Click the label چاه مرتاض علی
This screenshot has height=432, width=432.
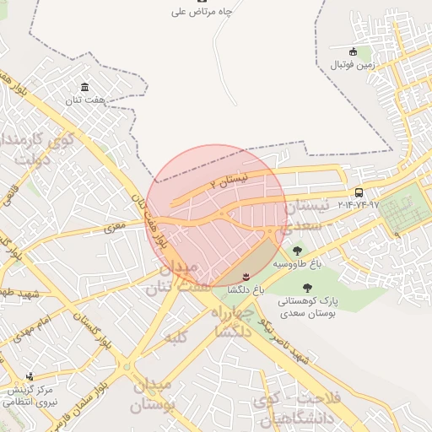pyautogui.click(x=202, y=12)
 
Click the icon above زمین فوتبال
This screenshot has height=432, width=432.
pyautogui.click(x=354, y=51)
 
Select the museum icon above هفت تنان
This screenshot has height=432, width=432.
pyautogui.click(x=84, y=87)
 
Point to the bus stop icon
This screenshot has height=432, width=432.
pyautogui.click(x=359, y=192)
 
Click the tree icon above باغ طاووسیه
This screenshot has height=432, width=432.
pyautogui.click(x=296, y=251)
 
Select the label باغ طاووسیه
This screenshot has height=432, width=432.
pyautogui.click(x=296, y=263)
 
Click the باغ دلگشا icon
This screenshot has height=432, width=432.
pyautogui.click(x=246, y=277)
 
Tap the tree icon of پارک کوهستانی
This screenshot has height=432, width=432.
pyautogui.click(x=294, y=288)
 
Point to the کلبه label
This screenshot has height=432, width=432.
pyautogui.click(x=174, y=337)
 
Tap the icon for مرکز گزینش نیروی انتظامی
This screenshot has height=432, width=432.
pyautogui.click(x=30, y=376)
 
